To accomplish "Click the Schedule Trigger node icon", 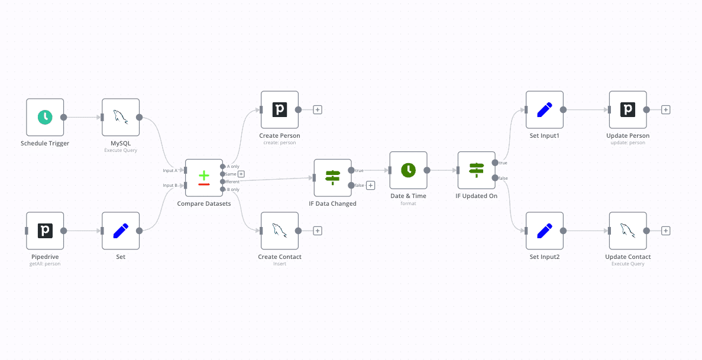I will click(45, 117).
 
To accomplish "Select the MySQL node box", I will click(121, 117).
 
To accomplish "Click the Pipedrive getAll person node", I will click(45, 231).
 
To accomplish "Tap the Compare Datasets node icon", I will click(204, 177).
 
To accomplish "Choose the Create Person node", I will click(280, 109).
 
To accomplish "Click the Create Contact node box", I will click(280, 231).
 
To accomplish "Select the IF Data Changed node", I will click(333, 177).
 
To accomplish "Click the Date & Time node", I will click(408, 170).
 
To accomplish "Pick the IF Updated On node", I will click(476, 170).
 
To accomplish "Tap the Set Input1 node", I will click(545, 109).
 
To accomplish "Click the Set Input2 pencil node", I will click(545, 231).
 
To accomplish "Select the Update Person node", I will click(627, 109).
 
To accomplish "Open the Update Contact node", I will click(627, 231).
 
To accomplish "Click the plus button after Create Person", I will click(318, 109).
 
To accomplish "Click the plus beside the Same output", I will click(241, 174).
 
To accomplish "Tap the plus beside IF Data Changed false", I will click(371, 185).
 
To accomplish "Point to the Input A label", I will click(170, 170).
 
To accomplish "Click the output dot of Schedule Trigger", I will click(64, 117).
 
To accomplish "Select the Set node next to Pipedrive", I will click(121, 231).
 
